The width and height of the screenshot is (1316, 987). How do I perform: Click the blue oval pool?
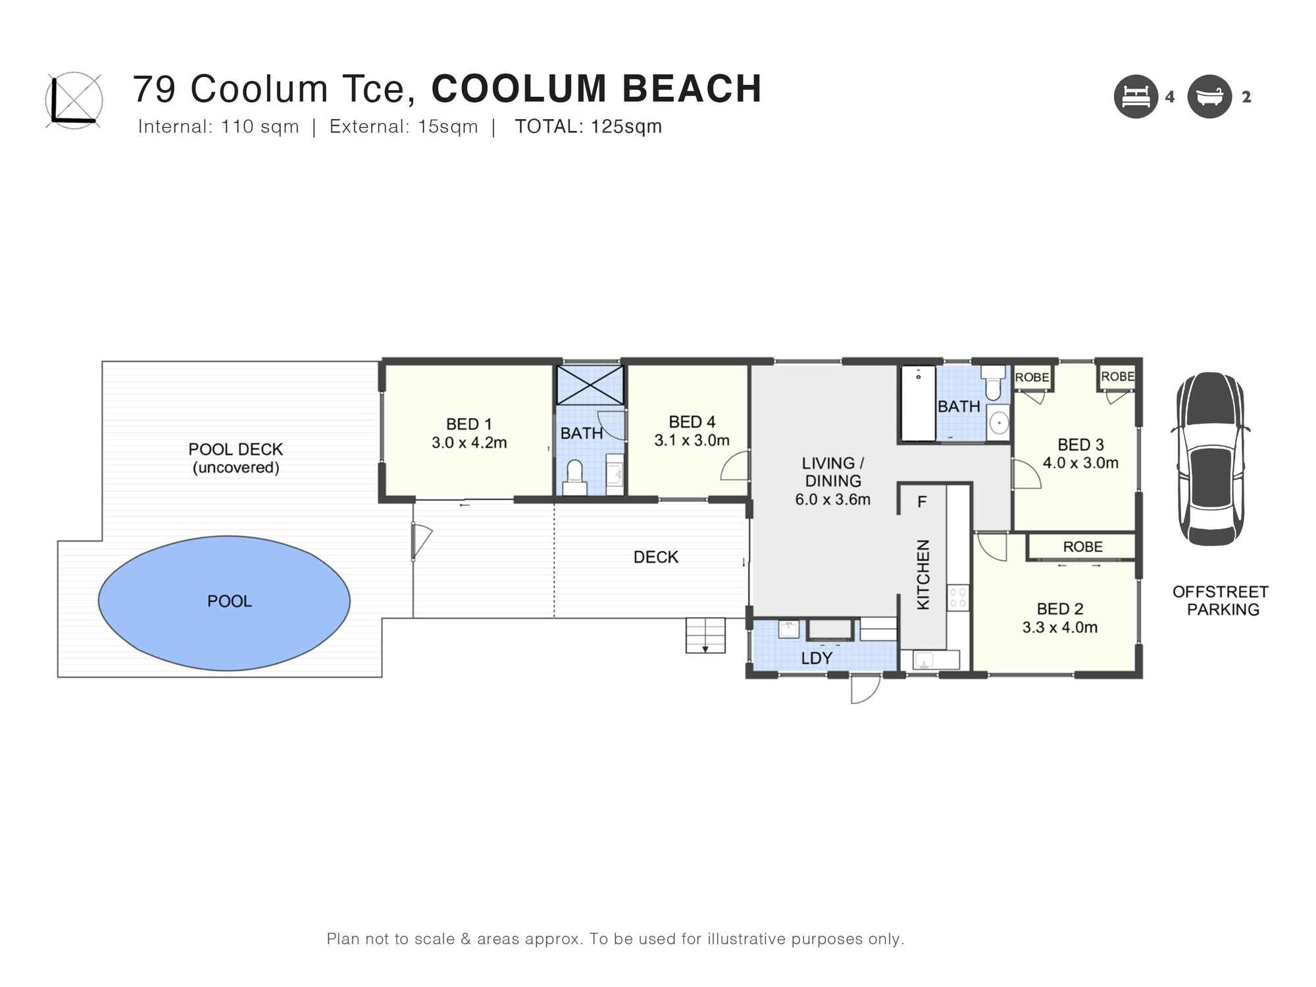point(224,602)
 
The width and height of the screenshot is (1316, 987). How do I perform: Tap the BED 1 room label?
point(468,424)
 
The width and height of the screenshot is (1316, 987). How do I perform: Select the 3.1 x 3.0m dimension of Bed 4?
point(692,441)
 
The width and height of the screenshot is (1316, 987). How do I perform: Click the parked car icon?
point(1211,459)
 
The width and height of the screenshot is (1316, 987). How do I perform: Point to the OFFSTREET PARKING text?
point(1220,601)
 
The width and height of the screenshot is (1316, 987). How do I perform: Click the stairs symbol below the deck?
point(705,635)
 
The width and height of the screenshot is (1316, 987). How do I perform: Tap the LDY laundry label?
point(817,658)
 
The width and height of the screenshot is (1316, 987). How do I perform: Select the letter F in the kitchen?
point(922,502)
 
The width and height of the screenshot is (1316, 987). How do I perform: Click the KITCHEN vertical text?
point(923,574)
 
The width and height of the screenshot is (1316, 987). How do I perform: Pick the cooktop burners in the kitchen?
point(958,597)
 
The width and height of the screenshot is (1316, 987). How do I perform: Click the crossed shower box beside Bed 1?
point(590,385)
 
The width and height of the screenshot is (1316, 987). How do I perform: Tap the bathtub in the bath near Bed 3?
point(918,403)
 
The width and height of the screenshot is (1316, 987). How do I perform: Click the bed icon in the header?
point(1136,97)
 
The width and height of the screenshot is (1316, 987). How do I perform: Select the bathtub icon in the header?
point(1209,97)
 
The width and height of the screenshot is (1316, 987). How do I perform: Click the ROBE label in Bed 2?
point(1082,547)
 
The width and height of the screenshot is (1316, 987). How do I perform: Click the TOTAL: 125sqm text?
point(588,126)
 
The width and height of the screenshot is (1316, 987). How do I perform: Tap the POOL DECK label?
point(236,449)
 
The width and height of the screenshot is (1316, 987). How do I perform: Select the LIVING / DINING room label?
point(832,472)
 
